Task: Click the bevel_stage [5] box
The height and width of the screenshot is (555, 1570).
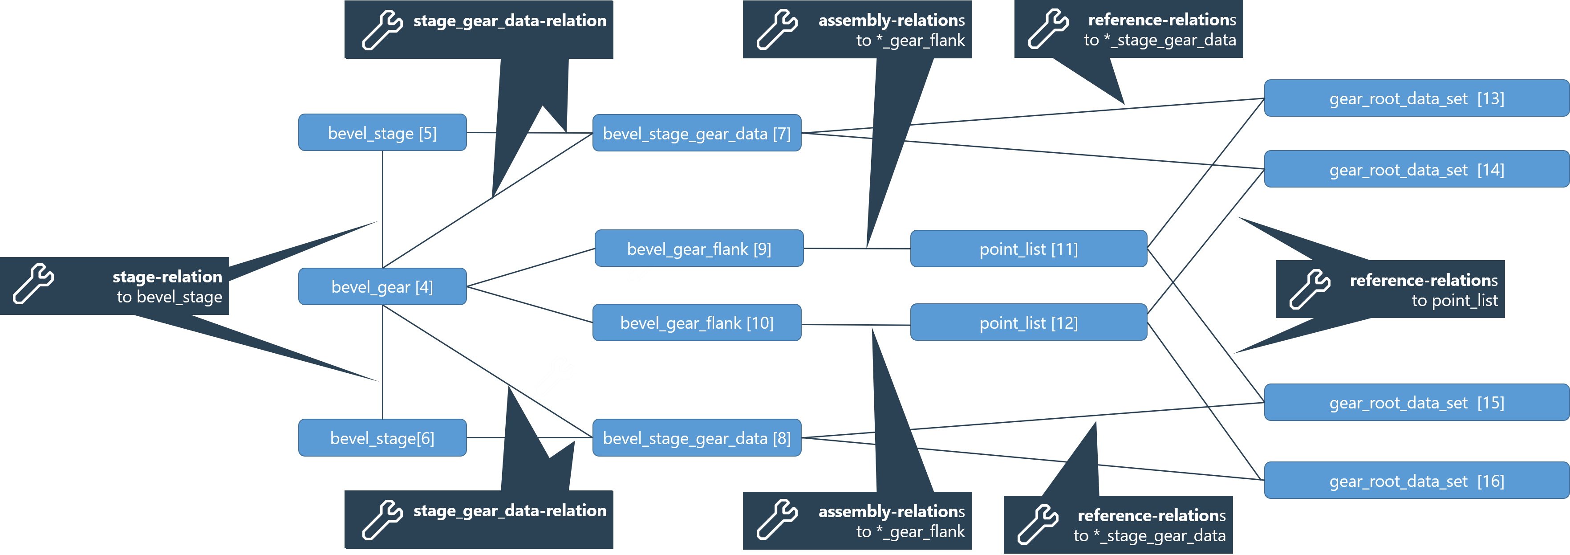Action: click(382, 132)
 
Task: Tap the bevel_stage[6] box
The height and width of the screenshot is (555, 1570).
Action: click(382, 437)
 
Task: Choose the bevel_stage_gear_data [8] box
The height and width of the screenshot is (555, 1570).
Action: click(697, 437)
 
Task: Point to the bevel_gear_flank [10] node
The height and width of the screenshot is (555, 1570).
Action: click(697, 322)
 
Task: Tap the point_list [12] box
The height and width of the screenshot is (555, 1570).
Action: click(1028, 322)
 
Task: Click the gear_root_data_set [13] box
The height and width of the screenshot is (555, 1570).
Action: click(1416, 98)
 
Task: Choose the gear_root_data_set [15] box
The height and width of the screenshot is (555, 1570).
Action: click(1416, 403)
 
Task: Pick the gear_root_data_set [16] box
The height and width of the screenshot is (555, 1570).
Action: click(1416, 481)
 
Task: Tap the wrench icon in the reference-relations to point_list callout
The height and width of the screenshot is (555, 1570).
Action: click(1310, 289)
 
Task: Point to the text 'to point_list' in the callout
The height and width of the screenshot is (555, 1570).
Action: click(1454, 300)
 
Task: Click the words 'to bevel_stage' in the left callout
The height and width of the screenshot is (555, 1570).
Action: click(170, 297)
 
